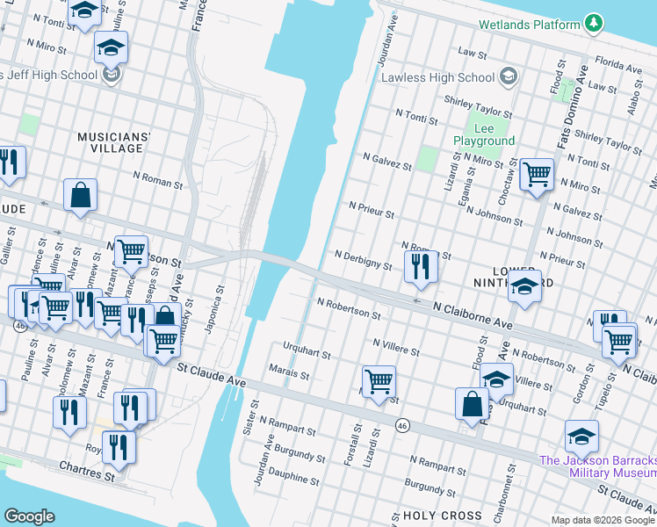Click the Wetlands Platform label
click(530, 25)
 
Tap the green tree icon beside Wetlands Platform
click(595, 23)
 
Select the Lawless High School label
click(438, 77)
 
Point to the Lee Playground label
click(483, 134)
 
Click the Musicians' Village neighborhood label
click(114, 142)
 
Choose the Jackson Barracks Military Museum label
click(597, 466)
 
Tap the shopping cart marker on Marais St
click(379, 382)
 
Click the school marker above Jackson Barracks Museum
click(581, 435)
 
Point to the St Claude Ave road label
click(212, 374)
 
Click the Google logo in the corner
click(29, 516)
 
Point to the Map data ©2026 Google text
click(602, 520)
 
